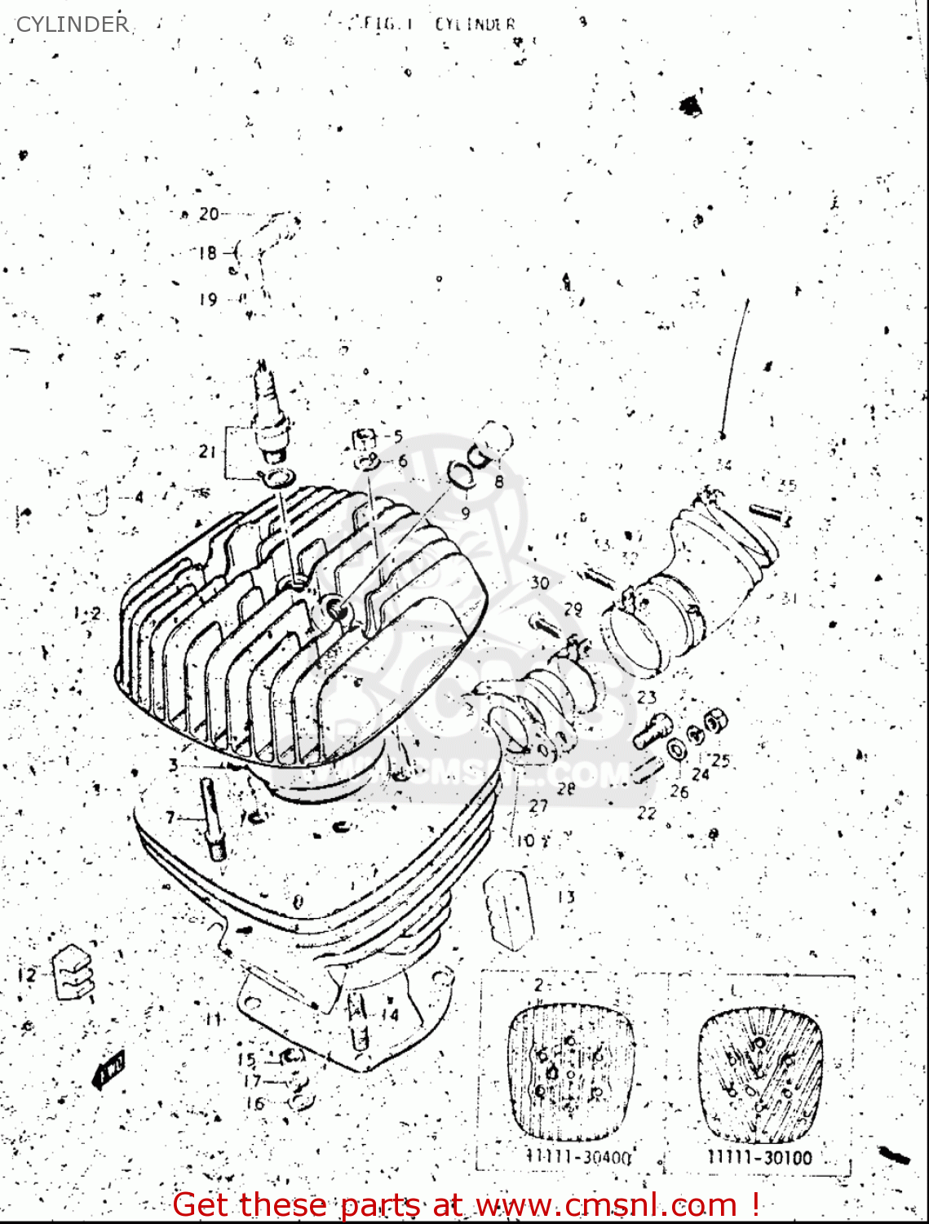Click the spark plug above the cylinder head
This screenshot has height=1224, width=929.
pyautogui.click(x=270, y=412)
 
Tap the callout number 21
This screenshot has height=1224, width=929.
pyautogui.click(x=207, y=451)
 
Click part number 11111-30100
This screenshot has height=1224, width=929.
pyautogui.click(x=759, y=1157)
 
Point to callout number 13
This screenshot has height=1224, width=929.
pyautogui.click(x=566, y=897)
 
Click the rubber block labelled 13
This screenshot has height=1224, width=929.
pyautogui.click(x=510, y=907)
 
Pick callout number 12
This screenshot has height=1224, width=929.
pyautogui.click(x=27, y=974)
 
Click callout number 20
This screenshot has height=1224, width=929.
pyautogui.click(x=209, y=214)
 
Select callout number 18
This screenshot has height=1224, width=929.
pyautogui.click(x=207, y=253)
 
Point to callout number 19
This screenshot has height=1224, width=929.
pyautogui.click(x=208, y=299)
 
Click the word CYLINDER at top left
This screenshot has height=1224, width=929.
pyautogui.click(x=73, y=24)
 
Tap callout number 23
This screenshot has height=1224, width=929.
pyautogui.click(x=647, y=697)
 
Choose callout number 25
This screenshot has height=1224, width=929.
pyautogui.click(x=720, y=761)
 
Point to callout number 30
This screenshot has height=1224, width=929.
pyautogui.click(x=540, y=583)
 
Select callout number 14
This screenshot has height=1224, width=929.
pyautogui.click(x=390, y=1015)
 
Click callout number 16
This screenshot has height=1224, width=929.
pyautogui.click(x=255, y=1103)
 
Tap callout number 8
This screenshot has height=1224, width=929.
pyautogui.click(x=499, y=481)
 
